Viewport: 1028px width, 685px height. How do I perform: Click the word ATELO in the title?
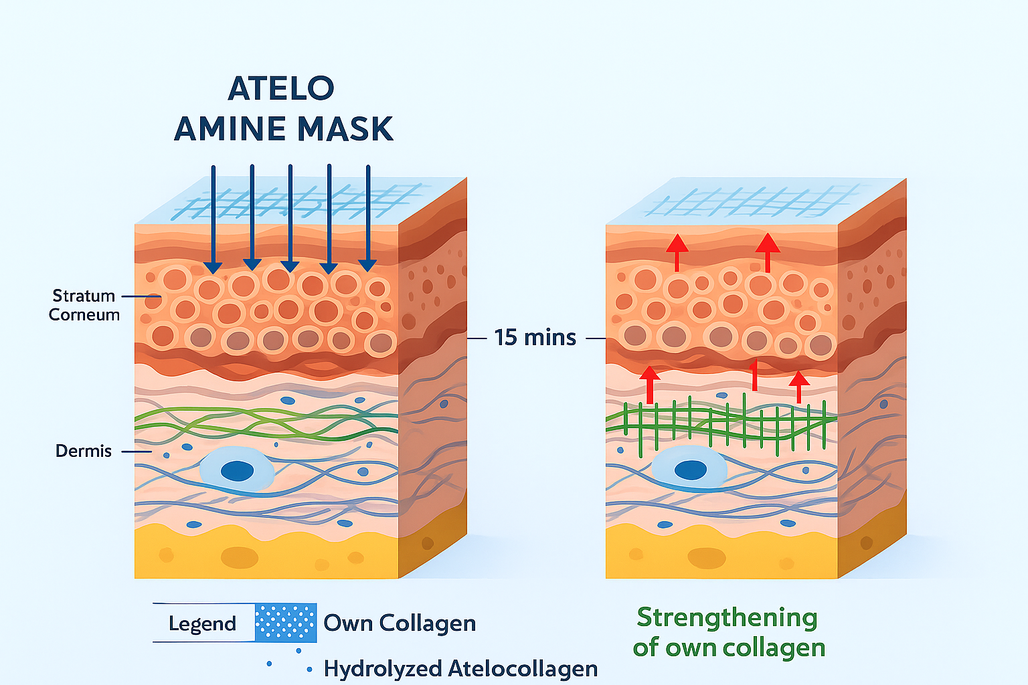coord(281,88)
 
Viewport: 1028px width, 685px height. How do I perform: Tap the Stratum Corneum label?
coord(84,305)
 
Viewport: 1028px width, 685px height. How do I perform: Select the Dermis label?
coord(84,451)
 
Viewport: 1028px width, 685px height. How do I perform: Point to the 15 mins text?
coord(535,338)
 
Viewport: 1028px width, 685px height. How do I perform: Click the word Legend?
coord(202,623)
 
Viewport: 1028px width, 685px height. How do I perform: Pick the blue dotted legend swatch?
coord(286,622)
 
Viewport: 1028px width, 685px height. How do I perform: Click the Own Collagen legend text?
coord(400,623)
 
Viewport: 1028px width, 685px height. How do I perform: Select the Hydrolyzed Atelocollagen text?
coord(460,668)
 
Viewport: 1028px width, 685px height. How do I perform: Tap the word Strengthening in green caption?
coord(727,617)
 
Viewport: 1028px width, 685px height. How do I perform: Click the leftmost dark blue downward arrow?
coord(213,221)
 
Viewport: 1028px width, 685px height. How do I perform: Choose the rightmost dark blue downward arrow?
coord(368,221)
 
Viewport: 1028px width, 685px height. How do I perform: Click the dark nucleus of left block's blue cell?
coord(237,470)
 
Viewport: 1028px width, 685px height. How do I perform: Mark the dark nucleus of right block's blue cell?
coord(690,470)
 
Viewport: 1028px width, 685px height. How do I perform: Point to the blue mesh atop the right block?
coord(750,201)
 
